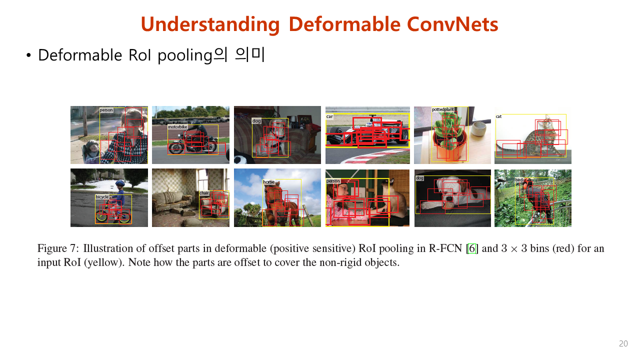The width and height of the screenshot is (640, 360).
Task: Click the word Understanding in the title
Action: (x=210, y=24)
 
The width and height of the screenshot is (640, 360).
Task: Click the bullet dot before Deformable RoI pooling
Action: (x=28, y=55)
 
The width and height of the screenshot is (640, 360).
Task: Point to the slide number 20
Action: (x=623, y=344)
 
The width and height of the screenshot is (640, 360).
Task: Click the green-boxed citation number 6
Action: (x=471, y=248)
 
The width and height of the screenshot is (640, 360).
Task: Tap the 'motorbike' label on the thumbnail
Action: (x=177, y=127)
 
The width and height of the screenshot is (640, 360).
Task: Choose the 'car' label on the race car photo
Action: (x=329, y=116)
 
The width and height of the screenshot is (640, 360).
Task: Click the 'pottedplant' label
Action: (x=442, y=109)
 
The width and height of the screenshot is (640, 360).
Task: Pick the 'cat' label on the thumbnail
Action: (x=498, y=116)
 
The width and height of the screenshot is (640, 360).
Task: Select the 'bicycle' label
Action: (x=102, y=197)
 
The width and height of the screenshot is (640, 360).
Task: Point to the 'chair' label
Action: (x=204, y=193)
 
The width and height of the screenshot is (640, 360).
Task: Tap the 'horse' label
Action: (x=269, y=182)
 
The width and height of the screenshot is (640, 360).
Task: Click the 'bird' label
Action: (x=519, y=179)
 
